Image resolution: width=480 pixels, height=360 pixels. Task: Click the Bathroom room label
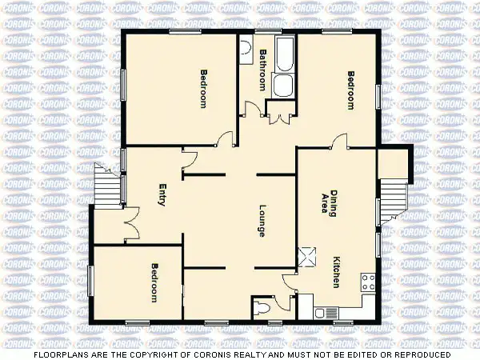(262, 70)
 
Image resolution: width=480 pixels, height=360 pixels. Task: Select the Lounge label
(262, 221)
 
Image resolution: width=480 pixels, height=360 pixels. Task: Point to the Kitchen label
(337, 273)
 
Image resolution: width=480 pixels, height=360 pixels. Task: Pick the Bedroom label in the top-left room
(203, 89)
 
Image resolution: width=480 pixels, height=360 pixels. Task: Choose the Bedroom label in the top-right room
(350, 90)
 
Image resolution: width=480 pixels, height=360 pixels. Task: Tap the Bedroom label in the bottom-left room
(154, 282)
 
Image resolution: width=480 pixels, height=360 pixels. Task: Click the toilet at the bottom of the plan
(262, 308)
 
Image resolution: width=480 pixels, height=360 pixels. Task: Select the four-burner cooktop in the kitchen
(369, 282)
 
